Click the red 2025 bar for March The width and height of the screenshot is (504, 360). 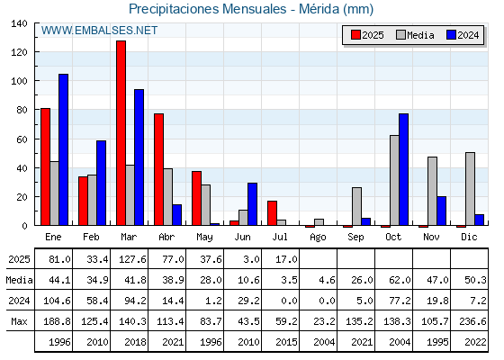121,133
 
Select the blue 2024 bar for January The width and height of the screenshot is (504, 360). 63,149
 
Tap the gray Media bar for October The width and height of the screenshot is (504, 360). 394,180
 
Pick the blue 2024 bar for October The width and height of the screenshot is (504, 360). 404,169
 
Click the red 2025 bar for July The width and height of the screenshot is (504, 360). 272,213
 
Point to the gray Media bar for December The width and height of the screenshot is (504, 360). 470,189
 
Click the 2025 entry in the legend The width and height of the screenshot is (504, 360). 367,35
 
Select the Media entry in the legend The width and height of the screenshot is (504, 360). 415,35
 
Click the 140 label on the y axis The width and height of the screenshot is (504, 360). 19,23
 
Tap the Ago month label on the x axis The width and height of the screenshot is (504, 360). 318,238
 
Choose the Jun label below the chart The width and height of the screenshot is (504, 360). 242,237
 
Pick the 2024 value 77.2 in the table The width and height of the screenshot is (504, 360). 400,301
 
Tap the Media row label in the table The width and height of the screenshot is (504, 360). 19,280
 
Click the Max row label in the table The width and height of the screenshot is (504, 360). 19,321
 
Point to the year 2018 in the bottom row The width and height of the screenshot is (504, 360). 135,342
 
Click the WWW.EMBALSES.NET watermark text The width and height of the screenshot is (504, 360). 99,31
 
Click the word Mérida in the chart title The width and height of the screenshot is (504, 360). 319,9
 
